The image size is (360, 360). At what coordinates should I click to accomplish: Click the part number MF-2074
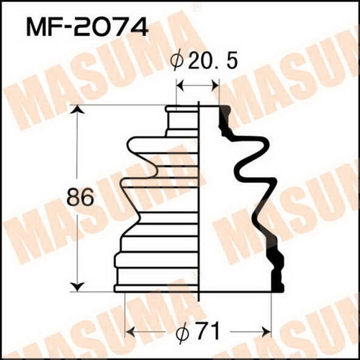pyautogui.click(x=87, y=28)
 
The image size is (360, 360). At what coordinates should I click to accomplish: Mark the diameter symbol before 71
pyautogui.click(x=182, y=332)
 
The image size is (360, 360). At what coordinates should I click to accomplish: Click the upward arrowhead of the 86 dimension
pyautogui.click(x=78, y=109)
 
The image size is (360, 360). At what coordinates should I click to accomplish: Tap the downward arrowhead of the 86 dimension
pyautogui.click(x=78, y=287)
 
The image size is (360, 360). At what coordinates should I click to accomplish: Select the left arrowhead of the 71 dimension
pyautogui.click(x=130, y=332)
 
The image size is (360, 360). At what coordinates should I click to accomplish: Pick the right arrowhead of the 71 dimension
pyautogui.click(x=266, y=332)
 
